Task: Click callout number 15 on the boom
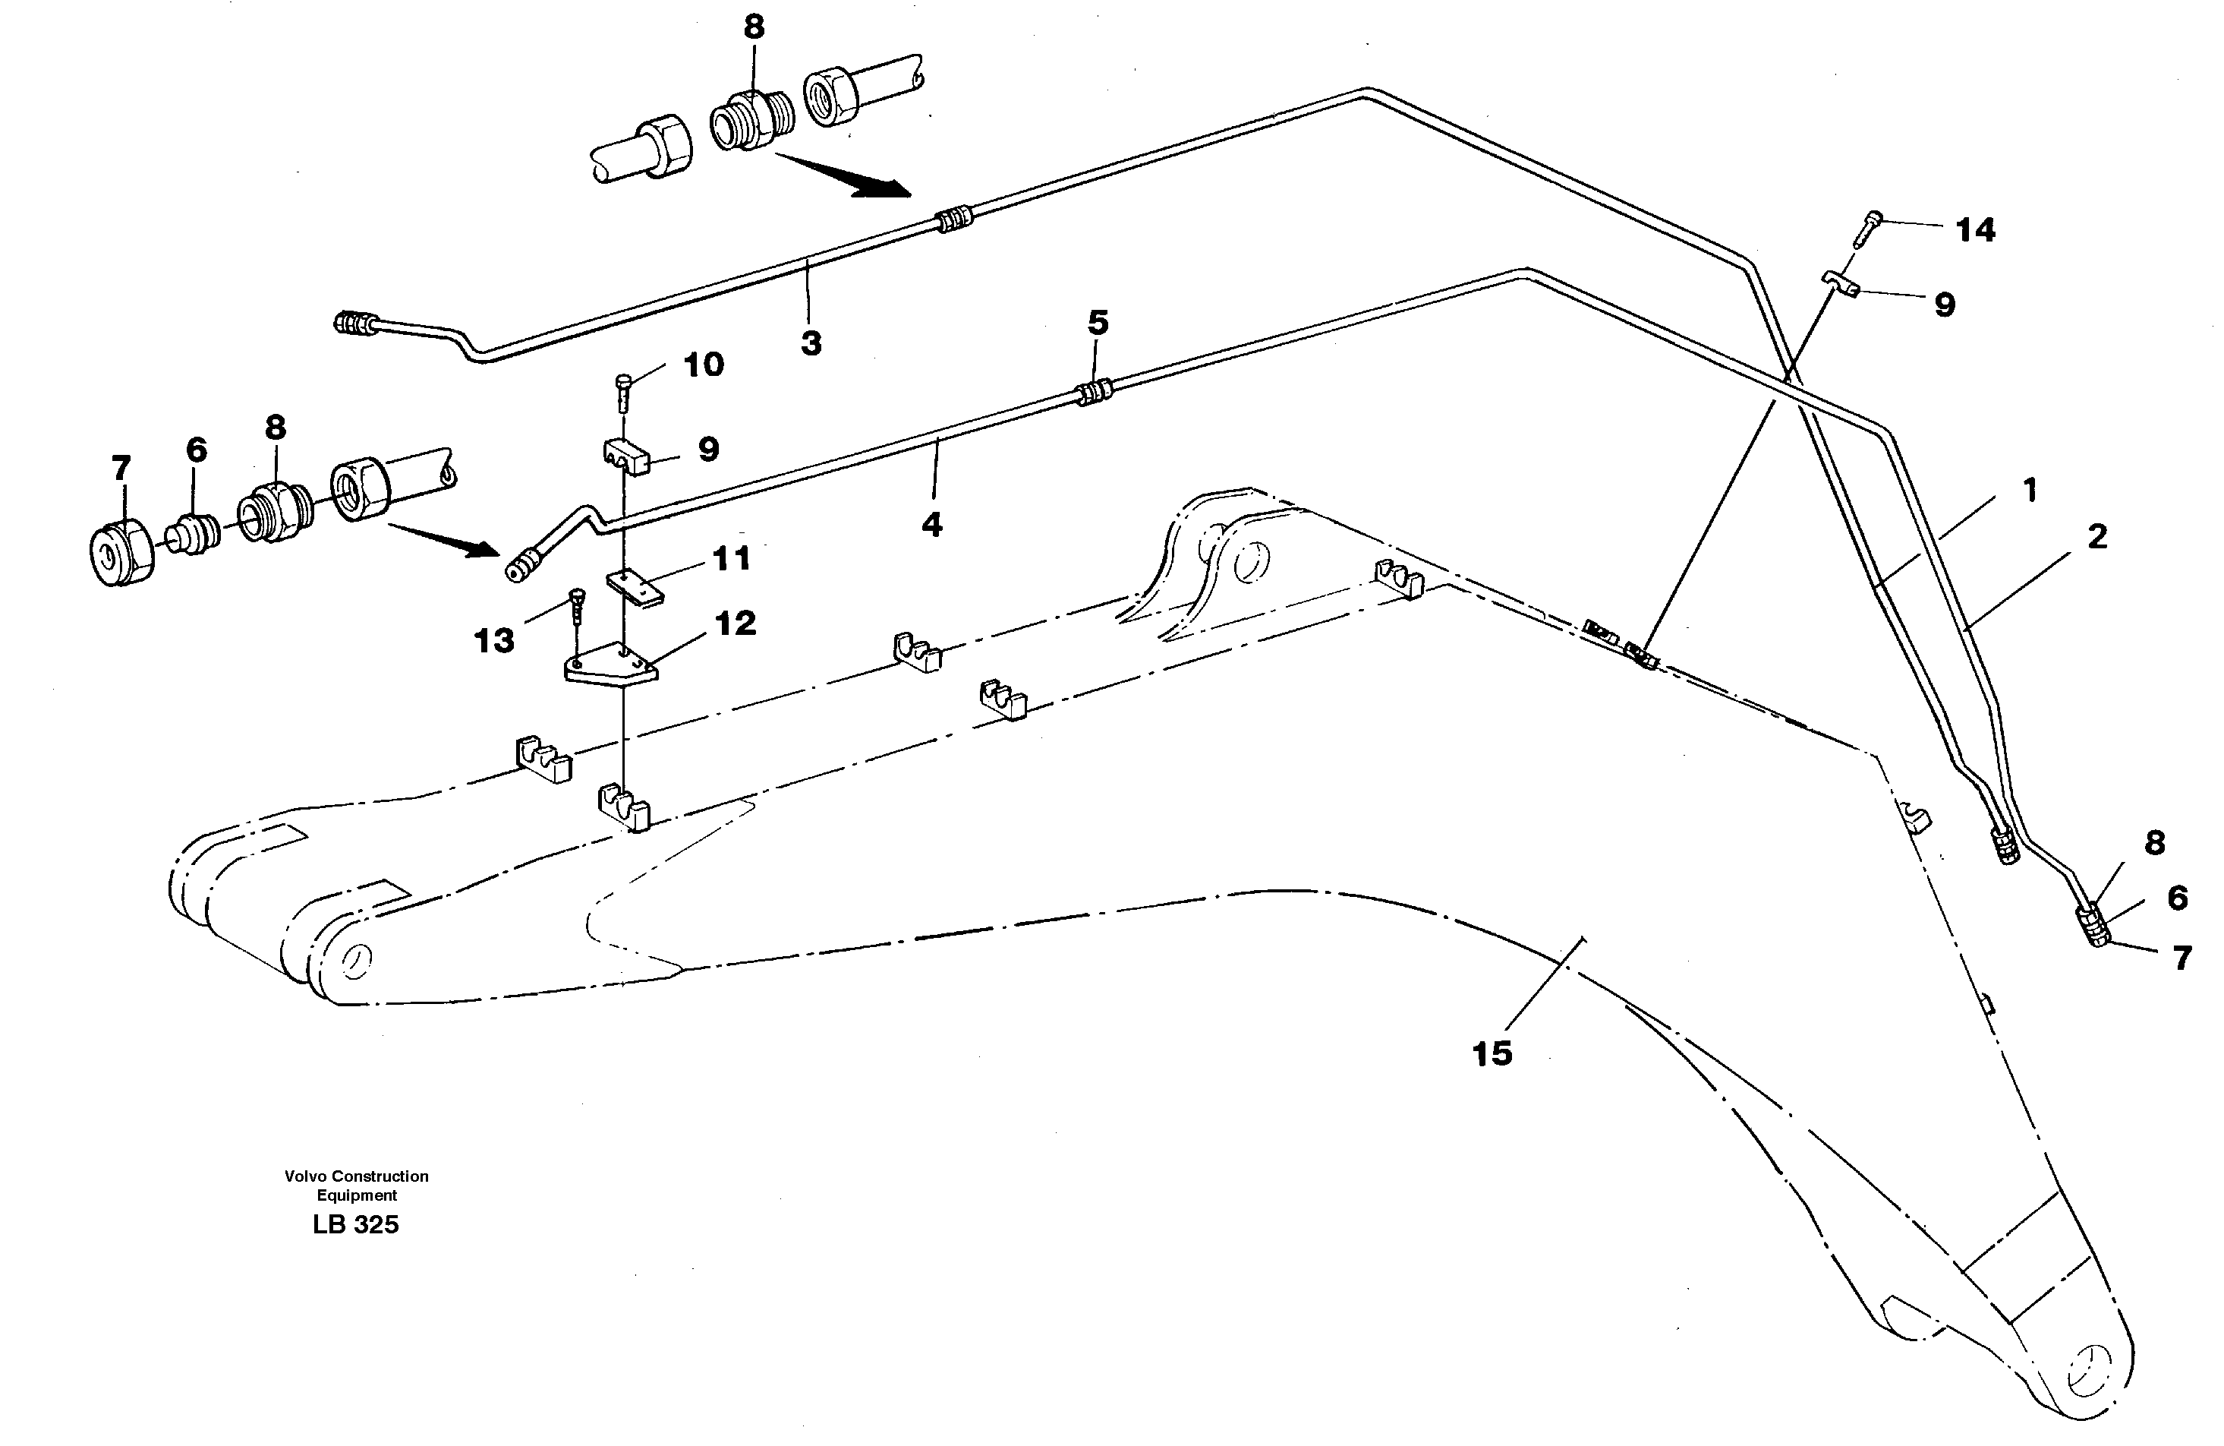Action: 1492,1053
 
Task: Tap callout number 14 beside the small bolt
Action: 1976,229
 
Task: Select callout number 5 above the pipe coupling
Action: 1098,324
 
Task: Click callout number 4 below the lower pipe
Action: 931,524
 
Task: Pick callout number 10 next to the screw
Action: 703,365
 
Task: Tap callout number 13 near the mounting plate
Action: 494,640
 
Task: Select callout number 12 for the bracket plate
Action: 735,624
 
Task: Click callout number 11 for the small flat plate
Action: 731,559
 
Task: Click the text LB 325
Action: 355,1224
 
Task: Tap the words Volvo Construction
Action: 356,1176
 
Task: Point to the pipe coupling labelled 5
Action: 1095,392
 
